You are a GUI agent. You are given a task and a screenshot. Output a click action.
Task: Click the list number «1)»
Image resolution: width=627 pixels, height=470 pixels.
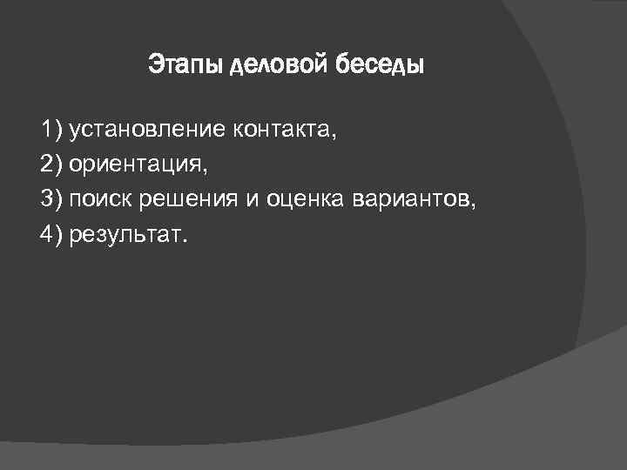[51, 131]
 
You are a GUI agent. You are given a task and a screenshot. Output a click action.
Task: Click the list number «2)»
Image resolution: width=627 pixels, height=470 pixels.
[51, 165]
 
